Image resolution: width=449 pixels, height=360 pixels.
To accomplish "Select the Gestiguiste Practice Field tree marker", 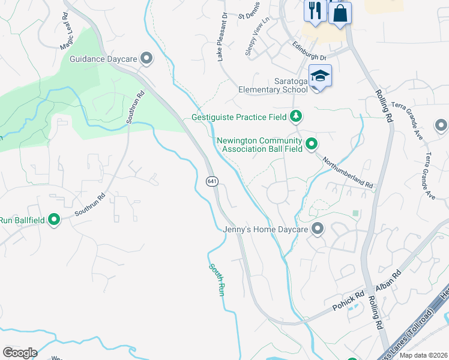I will click(295, 116).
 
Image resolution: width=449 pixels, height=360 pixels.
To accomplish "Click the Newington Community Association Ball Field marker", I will click(311, 143).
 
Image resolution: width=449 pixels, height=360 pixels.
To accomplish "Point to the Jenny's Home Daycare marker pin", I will click(318, 229).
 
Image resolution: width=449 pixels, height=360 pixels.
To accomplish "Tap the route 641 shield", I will click(211, 181).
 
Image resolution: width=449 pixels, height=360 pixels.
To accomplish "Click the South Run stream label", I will click(217, 280).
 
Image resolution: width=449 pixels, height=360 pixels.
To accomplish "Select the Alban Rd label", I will click(388, 281).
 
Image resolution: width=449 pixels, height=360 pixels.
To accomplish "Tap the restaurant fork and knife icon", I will click(315, 9).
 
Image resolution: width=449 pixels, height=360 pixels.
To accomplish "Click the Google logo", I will click(20, 353).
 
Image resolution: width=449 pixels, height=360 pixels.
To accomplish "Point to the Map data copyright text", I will click(423, 355).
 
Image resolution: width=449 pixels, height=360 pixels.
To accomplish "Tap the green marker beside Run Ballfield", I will click(54, 220).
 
